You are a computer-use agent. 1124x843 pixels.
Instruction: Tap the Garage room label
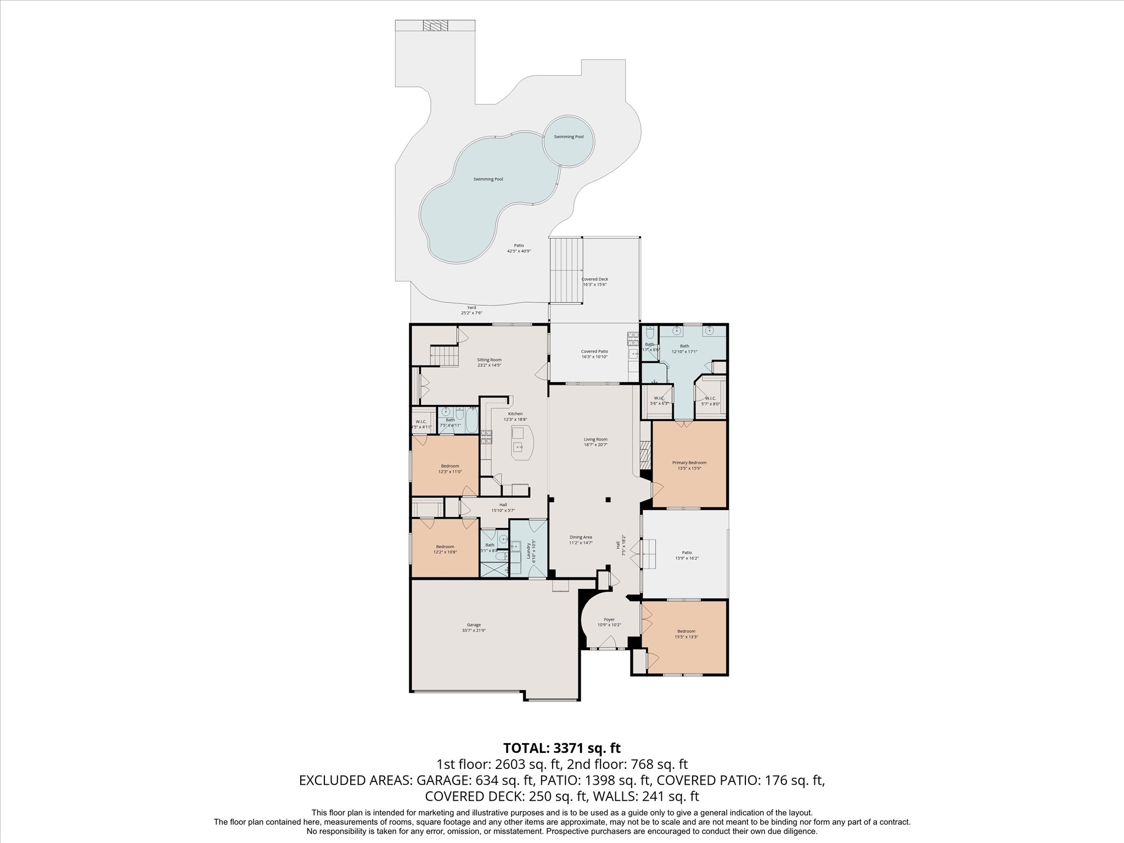[474, 625]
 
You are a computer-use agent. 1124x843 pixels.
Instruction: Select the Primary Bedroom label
[689, 463]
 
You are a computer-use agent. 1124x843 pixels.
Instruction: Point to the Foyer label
[609, 619]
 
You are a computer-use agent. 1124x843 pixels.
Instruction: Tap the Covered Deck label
[595, 279]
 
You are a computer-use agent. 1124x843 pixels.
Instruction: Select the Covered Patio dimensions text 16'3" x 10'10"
[594, 357]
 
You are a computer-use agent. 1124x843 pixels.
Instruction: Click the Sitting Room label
[489, 359]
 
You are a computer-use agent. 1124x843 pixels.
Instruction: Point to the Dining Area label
[581, 537]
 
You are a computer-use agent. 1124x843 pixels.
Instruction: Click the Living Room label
[595, 439]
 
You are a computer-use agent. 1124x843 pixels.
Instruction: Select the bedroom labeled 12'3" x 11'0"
[449, 468]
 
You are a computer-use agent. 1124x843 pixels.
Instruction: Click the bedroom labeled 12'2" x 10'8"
[445, 549]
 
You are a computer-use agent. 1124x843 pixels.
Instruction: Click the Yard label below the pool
[471, 307]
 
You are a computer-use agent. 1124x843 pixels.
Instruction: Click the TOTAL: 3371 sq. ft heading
[562, 748]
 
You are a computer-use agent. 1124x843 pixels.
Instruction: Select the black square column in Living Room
[608, 499]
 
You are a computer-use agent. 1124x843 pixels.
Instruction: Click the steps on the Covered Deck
[566, 270]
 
